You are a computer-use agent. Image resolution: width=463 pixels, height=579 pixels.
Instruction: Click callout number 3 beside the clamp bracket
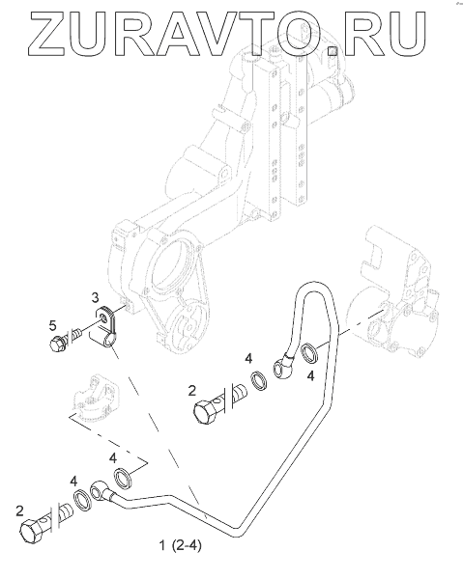pyautogui.click(x=95, y=296)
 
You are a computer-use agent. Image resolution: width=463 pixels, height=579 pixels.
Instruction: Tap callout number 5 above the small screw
pyautogui.click(x=53, y=325)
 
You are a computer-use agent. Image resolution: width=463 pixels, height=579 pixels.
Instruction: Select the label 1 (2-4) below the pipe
pyautogui.click(x=181, y=545)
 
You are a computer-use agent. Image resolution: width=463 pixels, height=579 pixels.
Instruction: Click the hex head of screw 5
pyautogui.click(x=57, y=345)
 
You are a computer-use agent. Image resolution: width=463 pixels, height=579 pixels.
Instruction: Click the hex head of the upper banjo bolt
pyautogui.click(x=205, y=413)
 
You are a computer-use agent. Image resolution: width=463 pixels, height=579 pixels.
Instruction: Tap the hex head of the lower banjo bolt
pyautogui.click(x=32, y=530)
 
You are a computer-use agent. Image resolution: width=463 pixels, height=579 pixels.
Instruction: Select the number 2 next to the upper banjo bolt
pyautogui.click(x=191, y=391)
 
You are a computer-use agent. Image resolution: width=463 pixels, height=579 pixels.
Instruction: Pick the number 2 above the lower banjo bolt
pyautogui.click(x=19, y=511)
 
